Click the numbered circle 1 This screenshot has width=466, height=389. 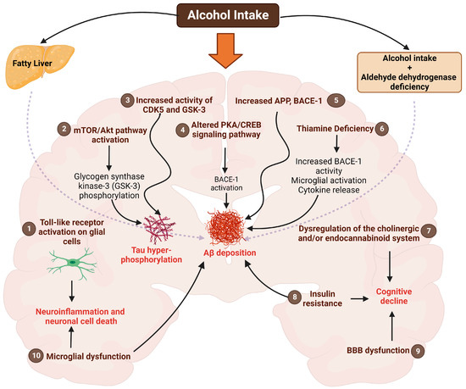point(29,229)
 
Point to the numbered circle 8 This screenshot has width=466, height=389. point(294,297)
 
